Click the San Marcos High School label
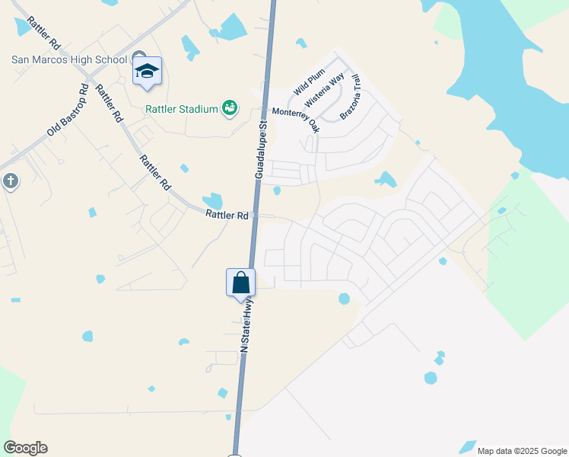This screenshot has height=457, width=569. pos(69,60)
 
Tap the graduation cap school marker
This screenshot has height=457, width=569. pos(147,72)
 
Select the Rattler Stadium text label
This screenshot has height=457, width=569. pos(182,109)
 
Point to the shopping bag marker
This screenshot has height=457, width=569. pos(241,283)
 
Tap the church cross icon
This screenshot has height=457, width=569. pos(10,181)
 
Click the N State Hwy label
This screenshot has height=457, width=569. pos(246,324)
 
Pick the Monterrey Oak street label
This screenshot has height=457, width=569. pos(296,120)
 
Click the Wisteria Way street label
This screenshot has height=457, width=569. pos(325,89)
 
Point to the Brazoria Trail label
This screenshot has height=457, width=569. pos(354,97)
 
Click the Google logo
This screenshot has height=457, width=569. pos(25,448)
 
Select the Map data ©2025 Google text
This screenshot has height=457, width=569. pos(521,451)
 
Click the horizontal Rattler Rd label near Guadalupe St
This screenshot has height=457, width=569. pos(227,216)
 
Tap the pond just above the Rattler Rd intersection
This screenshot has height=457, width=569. pos(215,201)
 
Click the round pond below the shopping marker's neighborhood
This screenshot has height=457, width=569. pos(344,299)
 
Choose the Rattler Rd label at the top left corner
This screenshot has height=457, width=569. pos(43,35)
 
